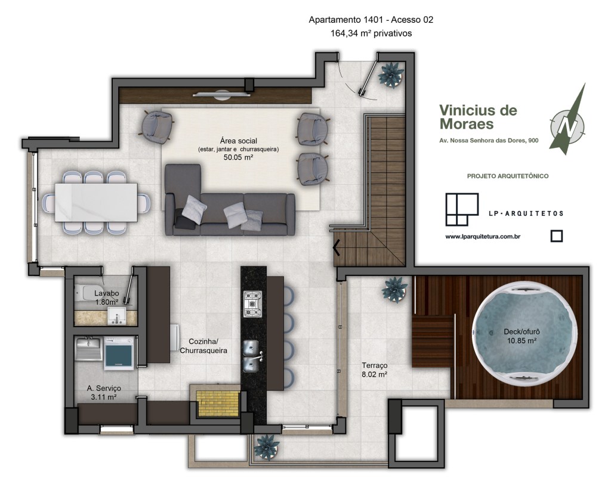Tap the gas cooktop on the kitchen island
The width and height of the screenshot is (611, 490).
pyautogui.click(x=253, y=304)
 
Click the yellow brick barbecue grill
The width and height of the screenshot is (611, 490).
pyautogui.click(x=218, y=403)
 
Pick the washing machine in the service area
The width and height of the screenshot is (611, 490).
pyautogui.click(x=119, y=353)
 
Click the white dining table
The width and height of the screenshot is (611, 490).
pyautogui.click(x=96, y=203)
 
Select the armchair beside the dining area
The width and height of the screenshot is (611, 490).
pyautogui.click(x=157, y=127)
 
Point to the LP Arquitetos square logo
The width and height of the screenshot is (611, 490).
pyautogui.click(x=462, y=209)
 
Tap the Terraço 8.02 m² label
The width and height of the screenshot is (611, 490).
pyautogui.click(x=375, y=370)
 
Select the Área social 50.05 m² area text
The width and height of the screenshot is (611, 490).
pyautogui.click(x=239, y=149)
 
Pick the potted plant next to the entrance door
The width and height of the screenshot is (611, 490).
pyautogui.click(x=391, y=74)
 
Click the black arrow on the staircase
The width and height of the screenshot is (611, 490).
pyautogui.click(x=337, y=247)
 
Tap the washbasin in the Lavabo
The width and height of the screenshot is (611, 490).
pyautogui.click(x=117, y=316)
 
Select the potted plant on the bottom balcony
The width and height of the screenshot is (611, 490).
pyautogui.click(x=267, y=447)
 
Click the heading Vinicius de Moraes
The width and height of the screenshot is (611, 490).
pyautogui.click(x=478, y=117)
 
